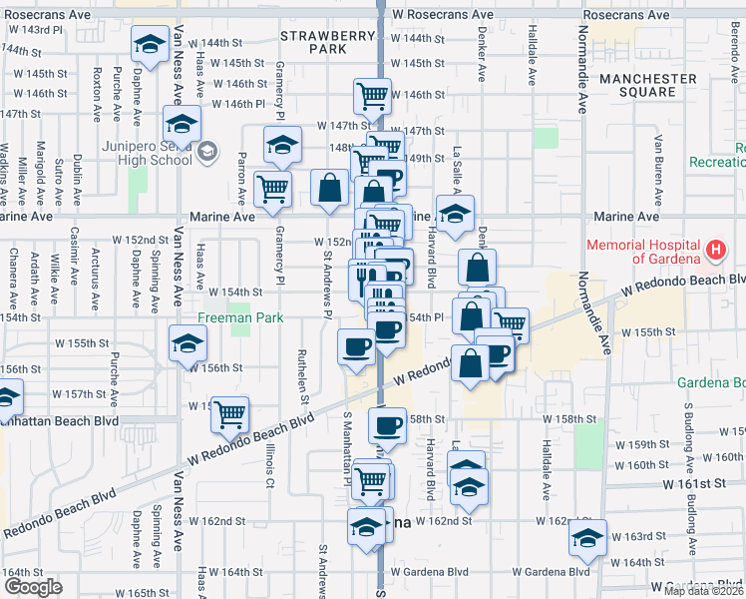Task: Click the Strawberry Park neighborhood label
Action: tap(313, 42)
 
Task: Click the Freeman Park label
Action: tap(212, 318)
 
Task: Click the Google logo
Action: tap(32, 587)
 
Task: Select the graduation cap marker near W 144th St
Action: tap(150, 46)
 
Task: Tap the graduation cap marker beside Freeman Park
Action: tap(186, 342)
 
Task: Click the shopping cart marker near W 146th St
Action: tap(371, 97)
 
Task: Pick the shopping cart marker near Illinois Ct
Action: tap(230, 413)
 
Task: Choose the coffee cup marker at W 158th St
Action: tap(386, 425)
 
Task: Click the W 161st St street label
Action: tap(704, 483)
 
